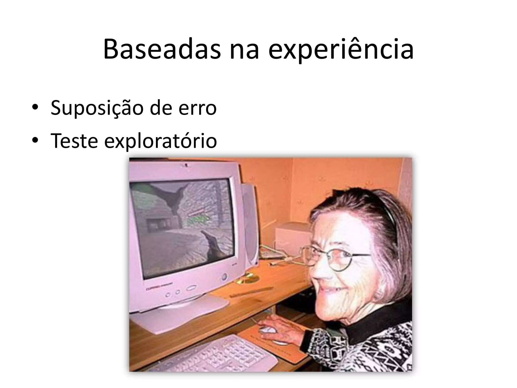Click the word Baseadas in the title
tap(162, 49)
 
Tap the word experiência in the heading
tap(341, 49)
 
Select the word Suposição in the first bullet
tap(97, 108)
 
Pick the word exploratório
tap(161, 141)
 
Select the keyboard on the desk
tap(217, 354)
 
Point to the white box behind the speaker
tap(290, 235)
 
